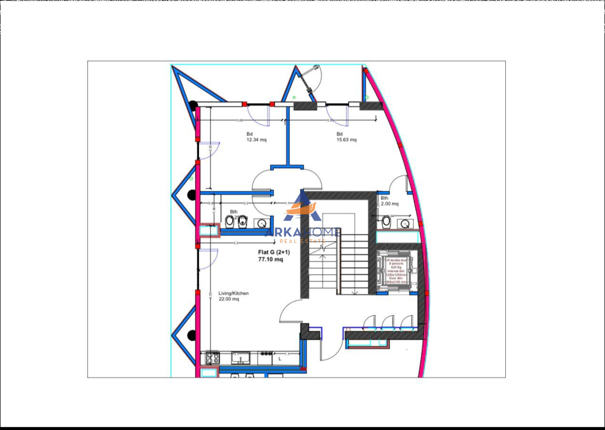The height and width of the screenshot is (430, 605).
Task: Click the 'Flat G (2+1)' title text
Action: coord(271,252)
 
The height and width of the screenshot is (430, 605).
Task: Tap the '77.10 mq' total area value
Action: coord(271,260)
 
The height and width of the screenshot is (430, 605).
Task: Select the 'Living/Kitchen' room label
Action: coord(233,293)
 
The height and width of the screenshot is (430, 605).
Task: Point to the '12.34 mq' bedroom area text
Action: coord(256,140)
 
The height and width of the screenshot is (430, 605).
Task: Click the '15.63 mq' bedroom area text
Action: coord(347,140)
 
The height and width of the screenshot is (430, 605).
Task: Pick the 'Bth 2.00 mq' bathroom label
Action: coord(389,201)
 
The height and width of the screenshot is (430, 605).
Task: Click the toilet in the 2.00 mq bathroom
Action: coord(386,221)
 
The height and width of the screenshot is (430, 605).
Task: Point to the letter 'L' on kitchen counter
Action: coord(279,358)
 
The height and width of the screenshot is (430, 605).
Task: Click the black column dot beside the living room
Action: coord(191,335)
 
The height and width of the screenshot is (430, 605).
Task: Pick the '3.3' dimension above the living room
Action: coord(235,243)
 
